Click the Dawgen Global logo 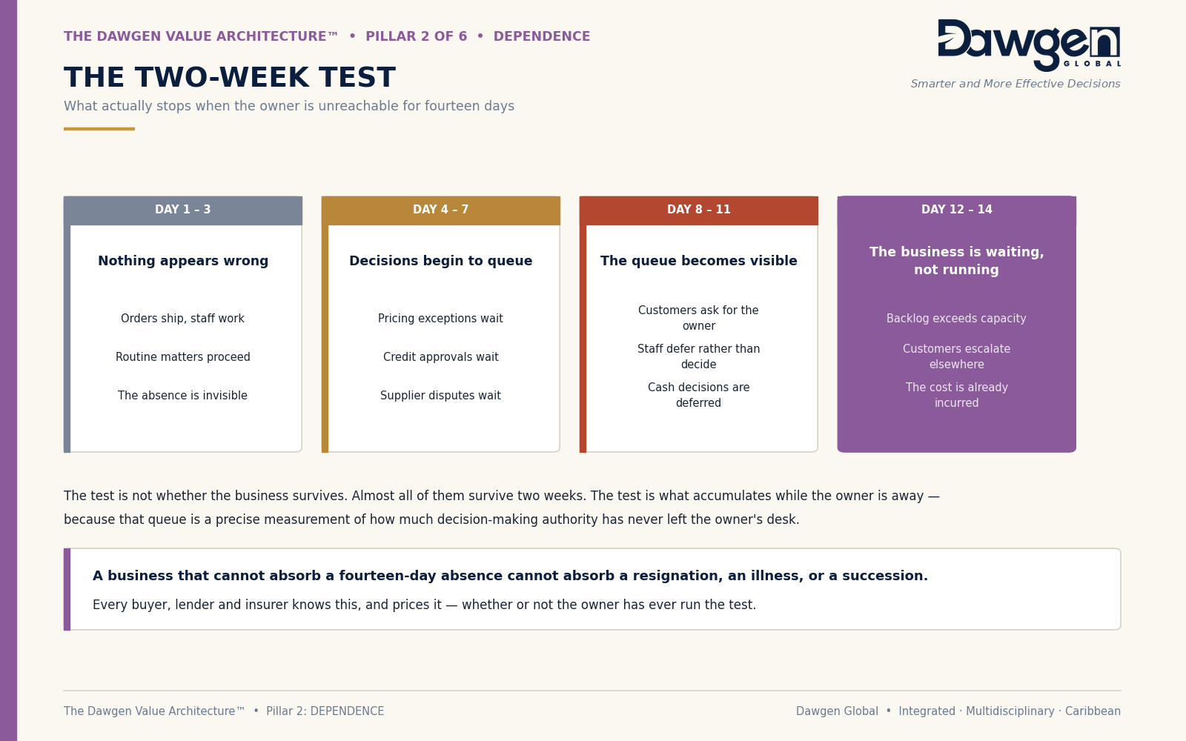[x=1029, y=45]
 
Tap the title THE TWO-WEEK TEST [x=230, y=77]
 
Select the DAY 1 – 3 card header [x=182, y=210]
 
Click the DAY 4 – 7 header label [x=440, y=210]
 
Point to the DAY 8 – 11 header [x=698, y=210]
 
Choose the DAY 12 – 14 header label [x=956, y=210]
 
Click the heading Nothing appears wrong [x=183, y=261]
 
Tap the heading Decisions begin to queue [x=440, y=261]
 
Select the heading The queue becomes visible [x=698, y=261]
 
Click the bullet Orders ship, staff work [x=182, y=318]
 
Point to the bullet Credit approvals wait [x=440, y=356]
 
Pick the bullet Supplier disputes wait [x=440, y=396]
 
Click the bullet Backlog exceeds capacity [x=956, y=318]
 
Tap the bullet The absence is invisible [x=182, y=396]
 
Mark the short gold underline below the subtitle [x=99, y=129]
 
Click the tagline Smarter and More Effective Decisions [x=1015, y=84]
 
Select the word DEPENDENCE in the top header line [x=542, y=36]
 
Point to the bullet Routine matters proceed [x=182, y=356]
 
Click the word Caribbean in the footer [x=1093, y=711]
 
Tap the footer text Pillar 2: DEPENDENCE [x=325, y=711]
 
